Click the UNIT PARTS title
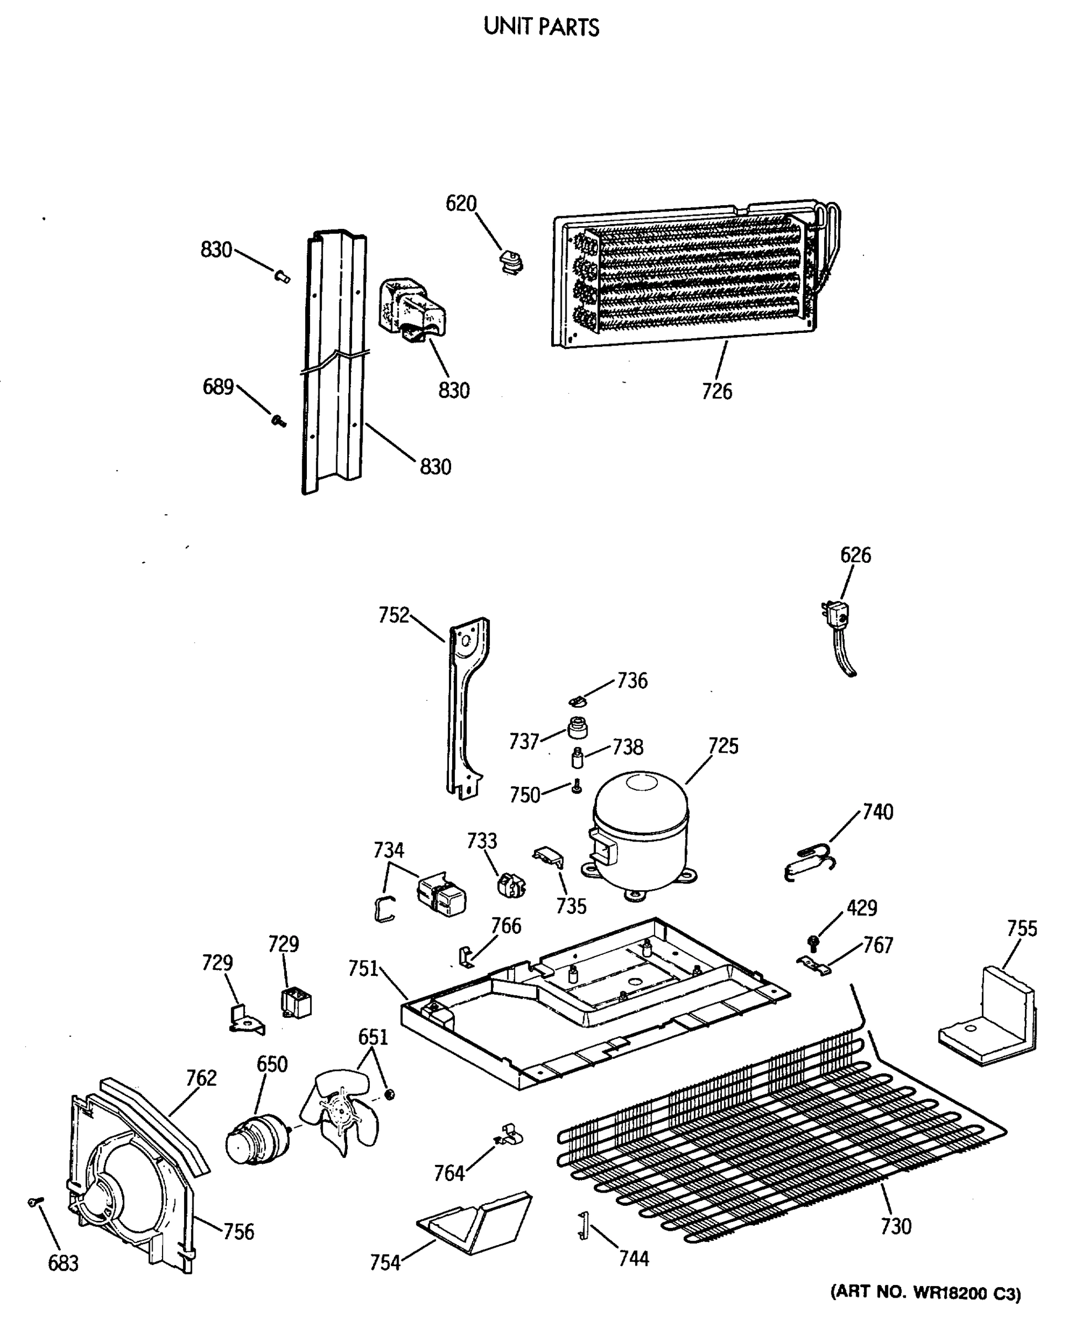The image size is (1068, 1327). (541, 27)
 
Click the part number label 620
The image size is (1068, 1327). (461, 203)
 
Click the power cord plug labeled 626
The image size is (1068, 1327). (837, 615)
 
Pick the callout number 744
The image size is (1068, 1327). (633, 1258)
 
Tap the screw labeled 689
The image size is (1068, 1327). (278, 420)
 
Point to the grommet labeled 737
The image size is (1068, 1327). (577, 728)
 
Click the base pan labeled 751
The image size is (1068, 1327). (554, 1016)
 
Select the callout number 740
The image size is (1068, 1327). (877, 812)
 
